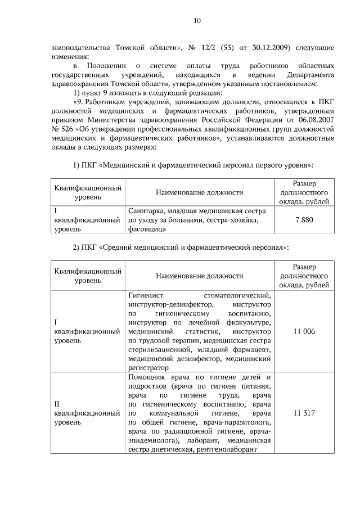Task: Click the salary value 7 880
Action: (x=304, y=220)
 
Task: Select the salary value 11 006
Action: (x=304, y=332)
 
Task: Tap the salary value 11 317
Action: (x=304, y=413)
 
